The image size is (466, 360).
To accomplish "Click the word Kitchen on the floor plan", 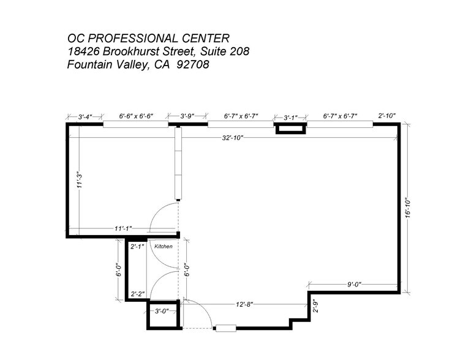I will [x=163, y=246].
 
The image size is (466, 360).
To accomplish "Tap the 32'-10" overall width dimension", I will [x=233, y=138].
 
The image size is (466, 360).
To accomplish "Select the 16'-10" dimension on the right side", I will [x=407, y=207].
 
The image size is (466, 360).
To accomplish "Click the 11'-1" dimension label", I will [x=122, y=228].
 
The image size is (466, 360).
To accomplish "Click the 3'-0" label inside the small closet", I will [x=161, y=311].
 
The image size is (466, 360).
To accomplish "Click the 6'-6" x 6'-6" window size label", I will [x=135, y=116].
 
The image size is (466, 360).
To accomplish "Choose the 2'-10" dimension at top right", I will [x=387, y=116].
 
